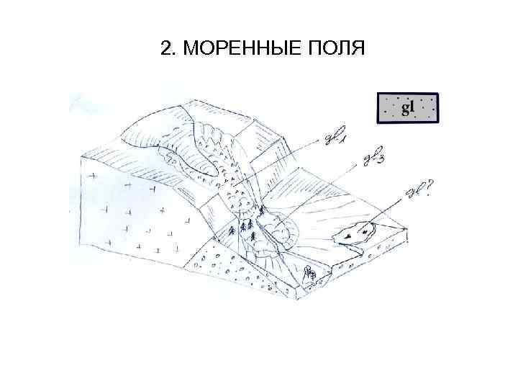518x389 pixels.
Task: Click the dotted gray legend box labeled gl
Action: (408, 108)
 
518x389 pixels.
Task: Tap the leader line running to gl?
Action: (388, 210)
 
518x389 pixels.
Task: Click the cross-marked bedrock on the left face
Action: (129, 209)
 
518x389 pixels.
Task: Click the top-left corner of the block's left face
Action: (81, 154)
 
